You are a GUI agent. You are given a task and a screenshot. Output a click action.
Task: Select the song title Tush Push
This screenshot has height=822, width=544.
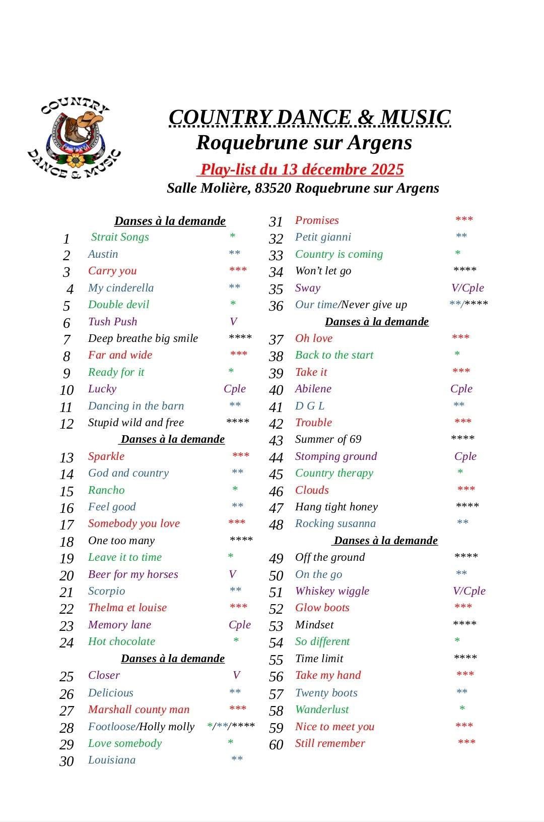pyautogui.click(x=112, y=322)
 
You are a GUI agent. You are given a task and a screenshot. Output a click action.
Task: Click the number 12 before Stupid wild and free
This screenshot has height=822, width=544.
pyautogui.click(x=66, y=424)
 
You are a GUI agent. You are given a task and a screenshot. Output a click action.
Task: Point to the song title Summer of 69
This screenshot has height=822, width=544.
pyautogui.click(x=328, y=439)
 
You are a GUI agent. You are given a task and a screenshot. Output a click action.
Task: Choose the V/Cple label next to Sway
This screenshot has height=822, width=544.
pyautogui.click(x=467, y=288)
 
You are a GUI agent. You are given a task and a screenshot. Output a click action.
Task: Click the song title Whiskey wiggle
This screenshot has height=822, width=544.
pyautogui.click(x=332, y=591)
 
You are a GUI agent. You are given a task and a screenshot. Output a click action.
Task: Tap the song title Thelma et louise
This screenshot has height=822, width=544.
pyautogui.click(x=127, y=608)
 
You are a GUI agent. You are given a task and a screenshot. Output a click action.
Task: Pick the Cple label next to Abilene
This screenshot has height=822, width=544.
pyautogui.click(x=461, y=389)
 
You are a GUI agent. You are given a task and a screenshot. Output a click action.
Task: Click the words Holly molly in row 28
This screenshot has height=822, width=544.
pyautogui.click(x=167, y=727)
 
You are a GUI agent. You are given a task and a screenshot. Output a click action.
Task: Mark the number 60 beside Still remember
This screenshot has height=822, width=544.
pyautogui.click(x=276, y=744)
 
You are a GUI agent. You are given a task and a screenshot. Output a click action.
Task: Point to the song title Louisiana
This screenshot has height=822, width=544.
pyautogui.click(x=112, y=760)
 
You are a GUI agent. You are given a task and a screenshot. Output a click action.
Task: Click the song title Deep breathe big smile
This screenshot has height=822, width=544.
pyautogui.click(x=143, y=338)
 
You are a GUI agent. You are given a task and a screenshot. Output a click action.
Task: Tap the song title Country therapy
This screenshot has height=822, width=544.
pyautogui.click(x=334, y=473)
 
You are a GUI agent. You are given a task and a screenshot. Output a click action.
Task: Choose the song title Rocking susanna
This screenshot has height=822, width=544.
pyautogui.click(x=335, y=523)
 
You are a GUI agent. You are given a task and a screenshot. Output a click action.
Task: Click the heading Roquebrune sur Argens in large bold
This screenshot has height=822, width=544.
pyautogui.click(x=304, y=143)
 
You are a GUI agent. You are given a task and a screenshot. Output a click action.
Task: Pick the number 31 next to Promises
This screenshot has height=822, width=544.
pyautogui.click(x=276, y=222)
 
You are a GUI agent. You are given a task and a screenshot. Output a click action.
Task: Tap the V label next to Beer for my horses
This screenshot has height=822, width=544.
pyautogui.click(x=232, y=574)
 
